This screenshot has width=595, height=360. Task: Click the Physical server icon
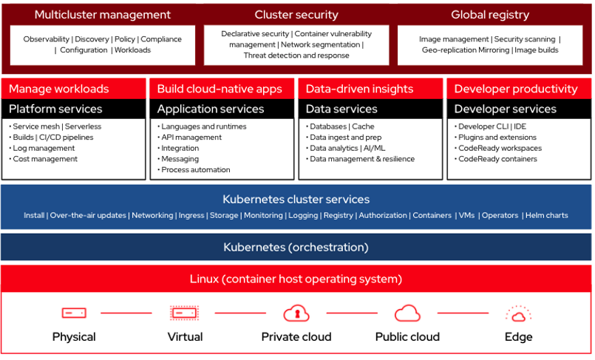(x=74, y=313)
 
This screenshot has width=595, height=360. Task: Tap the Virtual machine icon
(x=185, y=313)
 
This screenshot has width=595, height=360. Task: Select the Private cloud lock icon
(x=296, y=313)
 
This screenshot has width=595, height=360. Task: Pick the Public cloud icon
(x=407, y=313)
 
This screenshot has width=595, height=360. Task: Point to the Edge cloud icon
(x=518, y=313)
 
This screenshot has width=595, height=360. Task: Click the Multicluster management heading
(x=102, y=15)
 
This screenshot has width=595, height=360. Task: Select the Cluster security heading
(x=296, y=15)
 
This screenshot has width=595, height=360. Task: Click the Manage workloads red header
(x=59, y=89)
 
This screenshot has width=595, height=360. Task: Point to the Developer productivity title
(x=516, y=89)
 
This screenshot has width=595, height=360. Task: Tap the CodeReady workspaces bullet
(x=499, y=148)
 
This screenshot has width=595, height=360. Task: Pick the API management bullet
(x=191, y=137)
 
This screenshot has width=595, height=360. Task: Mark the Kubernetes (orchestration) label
(x=296, y=248)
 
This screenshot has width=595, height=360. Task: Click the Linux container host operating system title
(x=296, y=279)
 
